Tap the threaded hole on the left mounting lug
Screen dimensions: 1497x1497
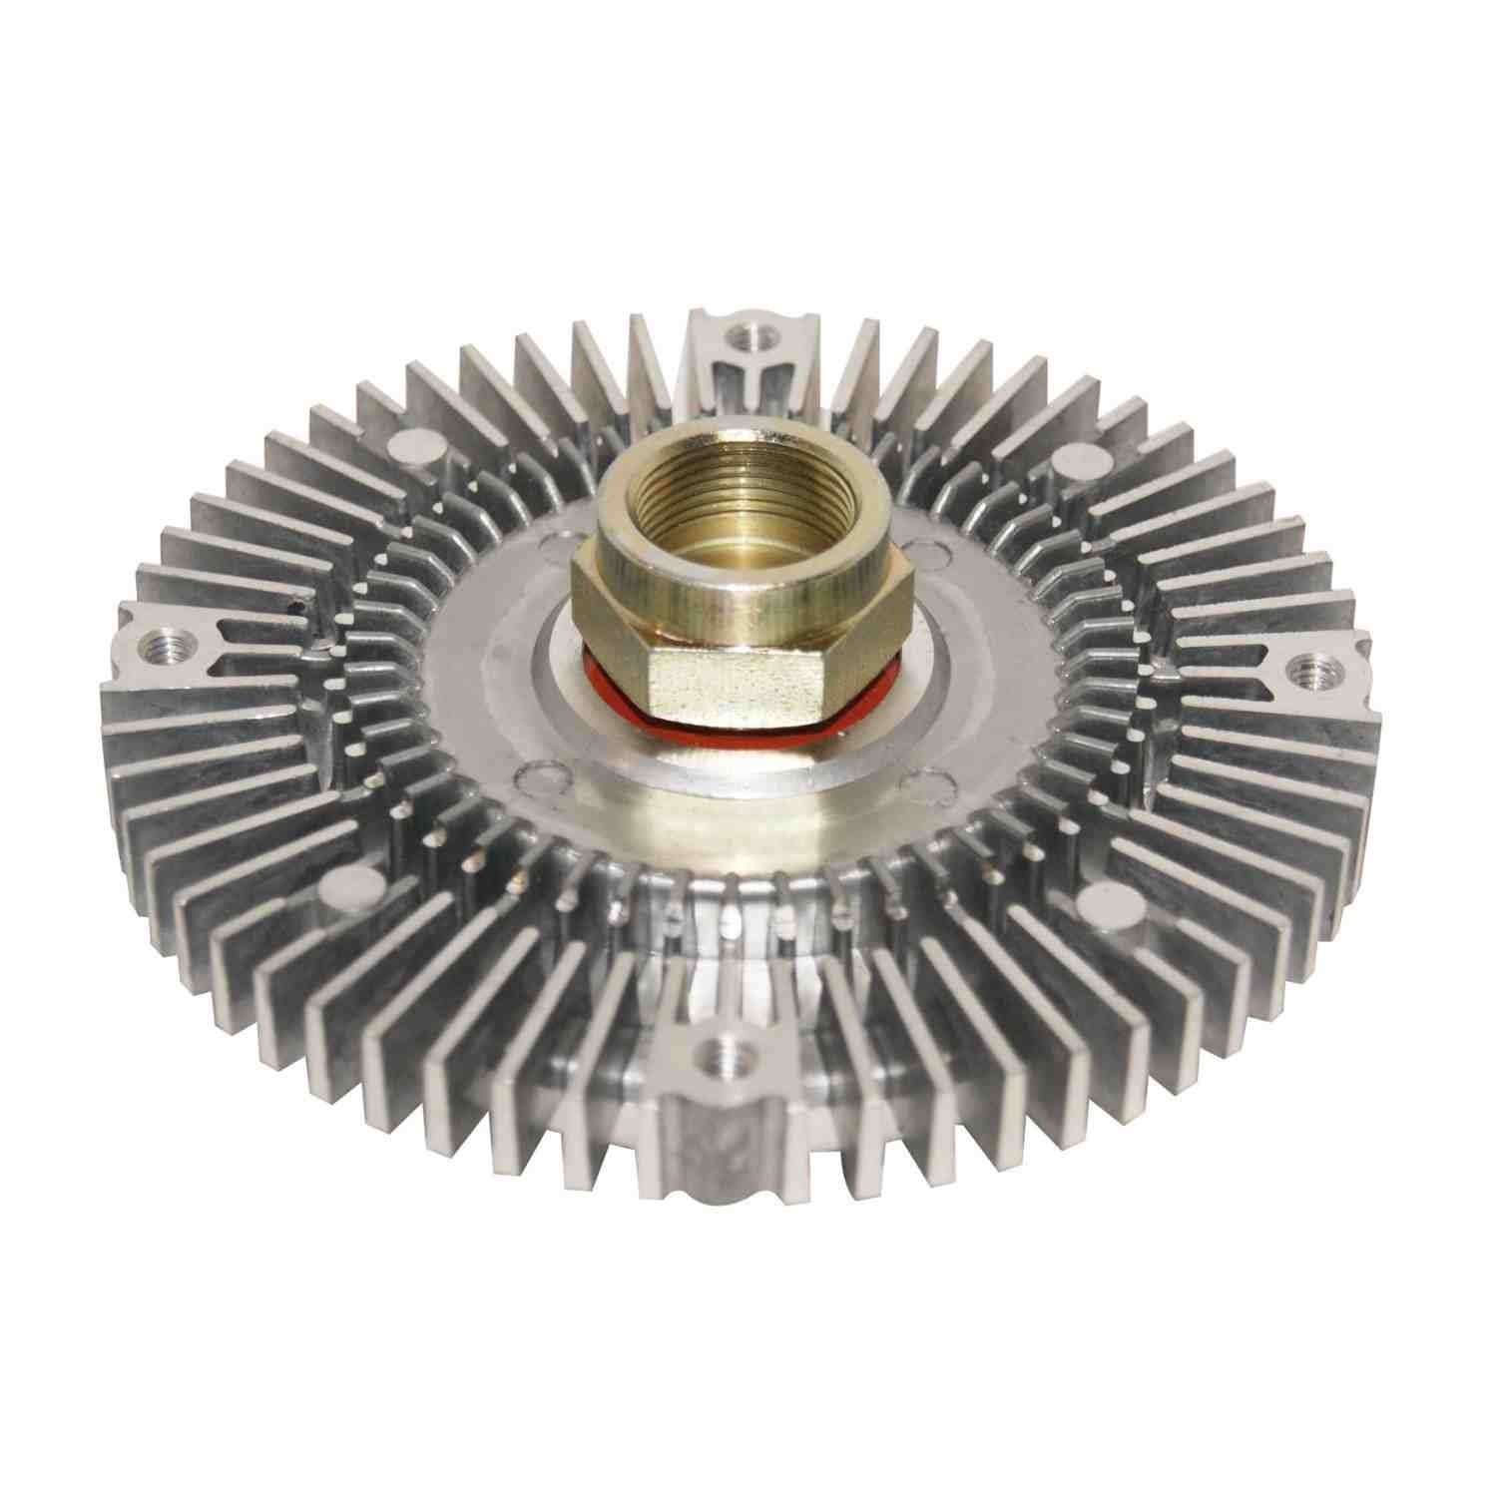pyautogui.click(x=159, y=639)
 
